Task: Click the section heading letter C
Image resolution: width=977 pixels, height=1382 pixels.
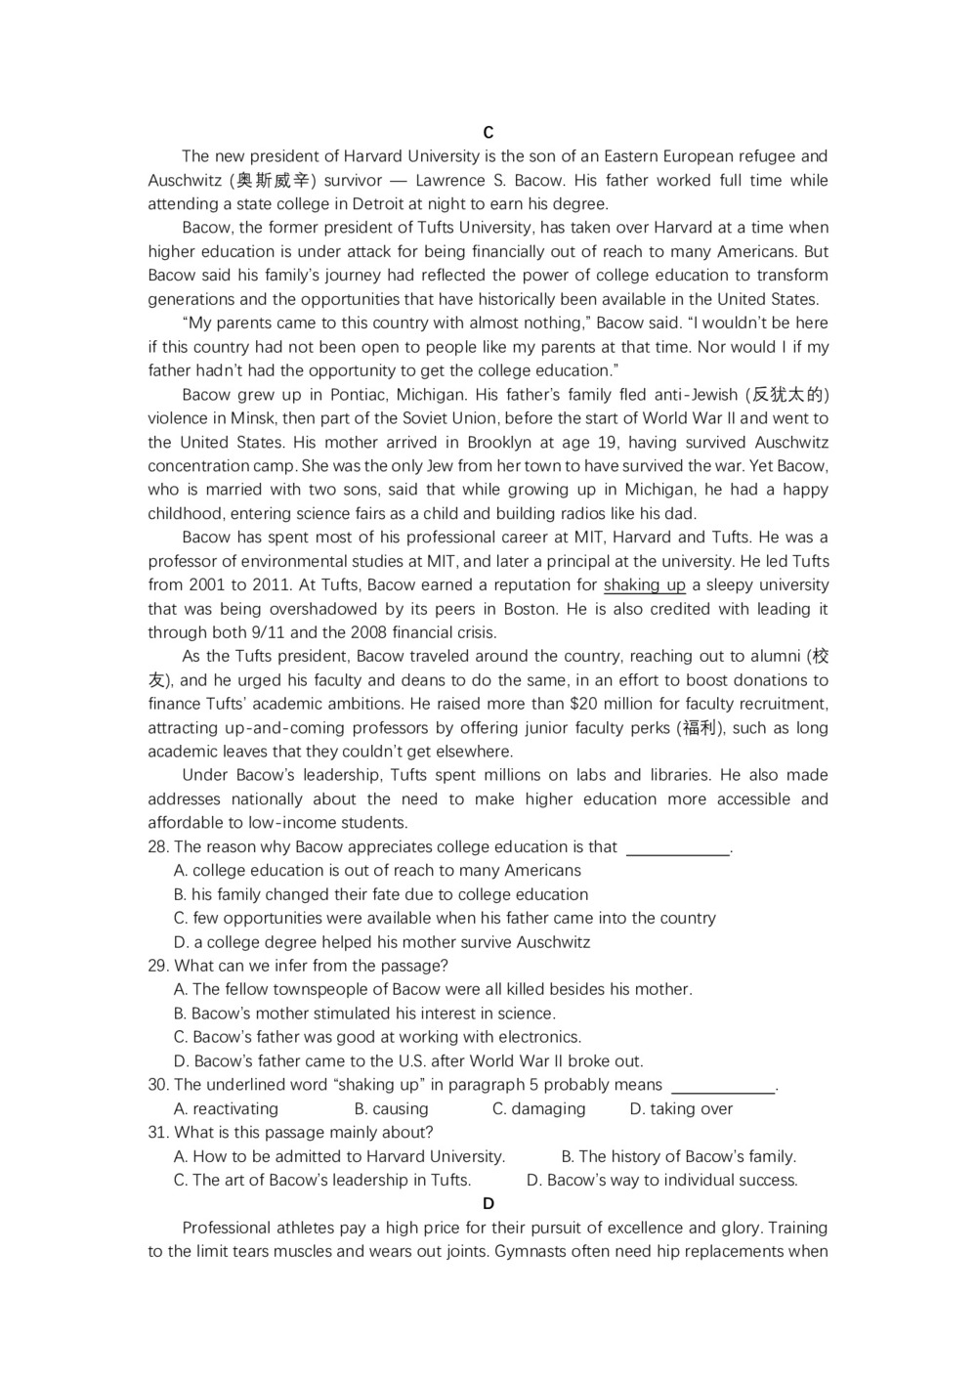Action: click(488, 133)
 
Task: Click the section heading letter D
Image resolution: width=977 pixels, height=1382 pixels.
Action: click(488, 1204)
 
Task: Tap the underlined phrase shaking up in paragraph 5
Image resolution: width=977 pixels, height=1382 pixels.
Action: click(645, 585)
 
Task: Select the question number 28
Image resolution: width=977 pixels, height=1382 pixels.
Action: click(158, 847)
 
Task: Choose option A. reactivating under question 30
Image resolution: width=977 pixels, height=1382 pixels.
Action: click(226, 1109)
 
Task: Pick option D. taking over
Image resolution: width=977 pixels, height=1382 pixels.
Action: click(681, 1109)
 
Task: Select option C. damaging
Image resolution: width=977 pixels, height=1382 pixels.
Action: click(538, 1109)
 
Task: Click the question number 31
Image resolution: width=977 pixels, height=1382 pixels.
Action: click(158, 1133)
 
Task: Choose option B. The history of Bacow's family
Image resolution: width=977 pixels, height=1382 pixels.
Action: click(679, 1157)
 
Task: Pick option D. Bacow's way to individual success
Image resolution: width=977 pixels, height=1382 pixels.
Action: click(661, 1181)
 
